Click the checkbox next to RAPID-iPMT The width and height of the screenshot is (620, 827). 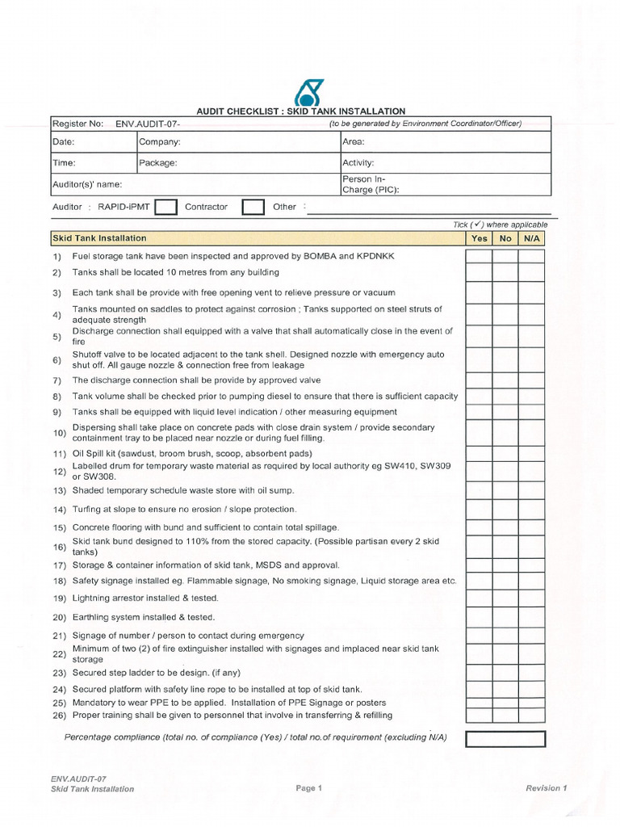165,208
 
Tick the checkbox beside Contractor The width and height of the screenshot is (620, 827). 253,208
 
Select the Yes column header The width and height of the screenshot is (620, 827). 479,238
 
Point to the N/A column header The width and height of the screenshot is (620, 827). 531,238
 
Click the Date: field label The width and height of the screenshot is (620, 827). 64,141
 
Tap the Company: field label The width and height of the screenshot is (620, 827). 160,141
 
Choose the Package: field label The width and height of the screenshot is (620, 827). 158,162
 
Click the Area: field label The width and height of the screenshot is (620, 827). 354,141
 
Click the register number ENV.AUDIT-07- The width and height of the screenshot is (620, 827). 148,124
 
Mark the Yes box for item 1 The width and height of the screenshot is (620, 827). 479,257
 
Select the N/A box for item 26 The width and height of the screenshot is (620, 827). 531,716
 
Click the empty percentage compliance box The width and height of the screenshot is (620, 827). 505,739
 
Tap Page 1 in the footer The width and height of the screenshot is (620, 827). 309,788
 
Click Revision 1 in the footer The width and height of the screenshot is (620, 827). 547,788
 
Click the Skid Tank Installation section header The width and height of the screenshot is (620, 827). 99,238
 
